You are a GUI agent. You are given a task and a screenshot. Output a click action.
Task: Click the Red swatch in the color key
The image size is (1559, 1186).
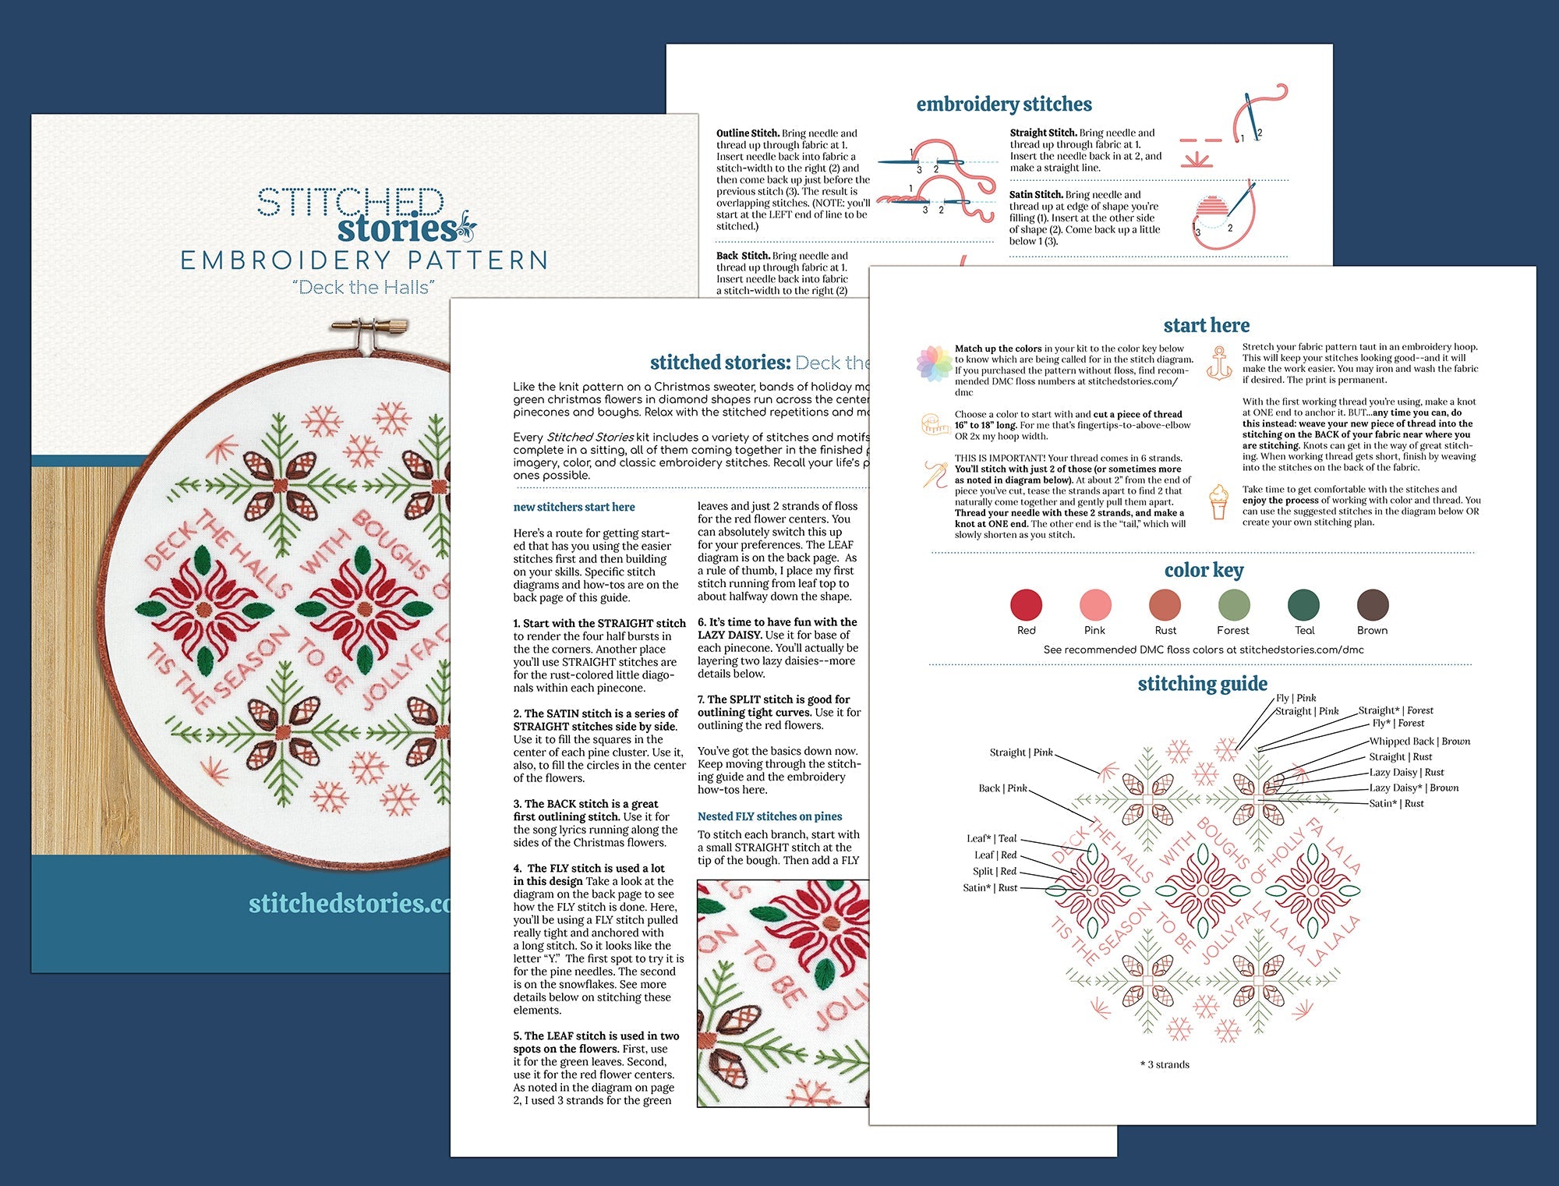[x=1026, y=605]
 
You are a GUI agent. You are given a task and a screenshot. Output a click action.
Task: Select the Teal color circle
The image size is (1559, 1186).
[x=1303, y=605]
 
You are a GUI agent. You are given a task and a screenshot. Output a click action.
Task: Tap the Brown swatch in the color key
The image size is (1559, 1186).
[x=1372, y=605]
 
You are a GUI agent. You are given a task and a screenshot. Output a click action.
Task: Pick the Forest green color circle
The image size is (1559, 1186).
[x=1233, y=605]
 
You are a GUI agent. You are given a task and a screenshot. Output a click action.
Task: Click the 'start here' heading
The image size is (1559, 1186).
[x=1206, y=325]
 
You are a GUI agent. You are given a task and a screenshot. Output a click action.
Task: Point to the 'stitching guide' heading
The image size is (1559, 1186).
[x=1202, y=684]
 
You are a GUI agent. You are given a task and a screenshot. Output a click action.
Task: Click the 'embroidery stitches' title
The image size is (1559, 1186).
[x=1004, y=104]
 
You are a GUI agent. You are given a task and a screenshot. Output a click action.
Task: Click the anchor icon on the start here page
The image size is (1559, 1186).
[x=1218, y=363]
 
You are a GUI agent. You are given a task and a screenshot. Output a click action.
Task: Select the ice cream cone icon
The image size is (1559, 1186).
[x=1218, y=501]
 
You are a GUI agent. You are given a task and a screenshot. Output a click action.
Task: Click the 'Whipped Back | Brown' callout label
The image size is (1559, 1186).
[x=1419, y=742]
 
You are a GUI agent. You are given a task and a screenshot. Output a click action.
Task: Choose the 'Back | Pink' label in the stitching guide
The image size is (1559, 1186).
[x=1002, y=788]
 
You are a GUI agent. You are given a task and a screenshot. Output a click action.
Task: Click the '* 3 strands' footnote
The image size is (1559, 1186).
[x=1165, y=1064]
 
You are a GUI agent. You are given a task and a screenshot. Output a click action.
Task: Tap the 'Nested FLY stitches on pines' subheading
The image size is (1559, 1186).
[x=769, y=816]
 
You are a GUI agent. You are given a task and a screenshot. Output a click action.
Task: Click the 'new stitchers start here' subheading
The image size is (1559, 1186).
[x=574, y=507]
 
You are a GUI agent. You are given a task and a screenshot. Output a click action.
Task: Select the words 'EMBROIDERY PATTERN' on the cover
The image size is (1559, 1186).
[x=364, y=260]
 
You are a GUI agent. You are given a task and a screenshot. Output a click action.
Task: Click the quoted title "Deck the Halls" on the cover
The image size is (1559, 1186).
[x=363, y=288]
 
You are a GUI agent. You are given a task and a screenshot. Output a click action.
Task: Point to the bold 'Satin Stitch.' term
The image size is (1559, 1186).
[x=1035, y=195]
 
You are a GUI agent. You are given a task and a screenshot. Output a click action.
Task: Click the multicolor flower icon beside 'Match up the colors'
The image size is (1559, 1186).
[x=933, y=363]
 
